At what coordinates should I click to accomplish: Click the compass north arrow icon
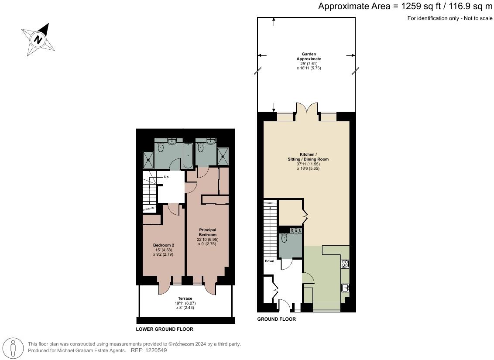pos(38,40)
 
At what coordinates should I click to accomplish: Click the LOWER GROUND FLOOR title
pos(165,329)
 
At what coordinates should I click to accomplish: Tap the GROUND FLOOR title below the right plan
pos(276,319)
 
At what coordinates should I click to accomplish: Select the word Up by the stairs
pos(166,177)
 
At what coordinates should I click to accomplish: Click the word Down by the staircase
pos(269,261)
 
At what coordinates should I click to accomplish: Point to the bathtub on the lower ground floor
pos(189,155)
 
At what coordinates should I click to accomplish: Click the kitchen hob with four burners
pos(345,264)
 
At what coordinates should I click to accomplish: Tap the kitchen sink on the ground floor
pos(345,288)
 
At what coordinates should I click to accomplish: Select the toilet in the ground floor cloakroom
pos(285,238)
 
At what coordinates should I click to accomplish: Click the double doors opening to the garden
pos(307,109)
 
